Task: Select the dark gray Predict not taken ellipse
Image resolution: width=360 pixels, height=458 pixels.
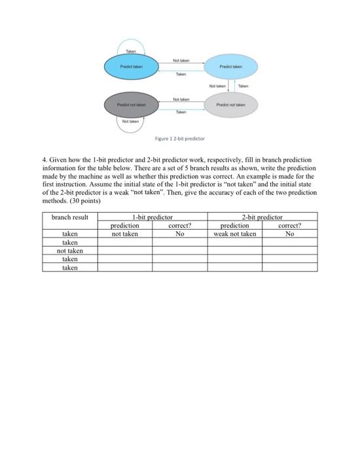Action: (132, 104)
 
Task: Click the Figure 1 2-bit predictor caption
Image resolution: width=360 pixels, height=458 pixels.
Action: (179, 139)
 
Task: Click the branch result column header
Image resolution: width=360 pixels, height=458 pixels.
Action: (70, 217)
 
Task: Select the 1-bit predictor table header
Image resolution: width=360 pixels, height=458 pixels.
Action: (152, 217)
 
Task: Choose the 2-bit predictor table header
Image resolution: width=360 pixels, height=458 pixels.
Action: (262, 217)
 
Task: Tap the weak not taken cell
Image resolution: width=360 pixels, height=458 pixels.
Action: (235, 234)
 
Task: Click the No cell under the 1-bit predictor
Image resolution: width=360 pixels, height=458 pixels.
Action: (179, 234)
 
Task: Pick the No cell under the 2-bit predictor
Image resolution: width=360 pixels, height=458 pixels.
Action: (289, 234)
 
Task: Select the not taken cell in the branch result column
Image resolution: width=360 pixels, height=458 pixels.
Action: (70, 251)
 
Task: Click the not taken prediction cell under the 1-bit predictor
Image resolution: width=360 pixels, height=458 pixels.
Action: (125, 234)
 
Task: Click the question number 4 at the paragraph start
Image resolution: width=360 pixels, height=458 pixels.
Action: (45, 159)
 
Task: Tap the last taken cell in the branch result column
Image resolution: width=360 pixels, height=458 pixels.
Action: (70, 268)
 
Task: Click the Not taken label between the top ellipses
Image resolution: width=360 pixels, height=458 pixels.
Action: (181, 60)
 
